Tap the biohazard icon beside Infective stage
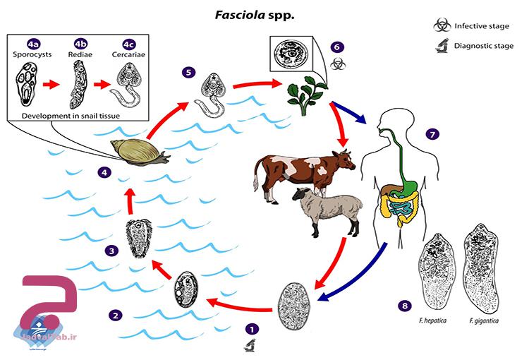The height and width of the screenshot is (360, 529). (x=441, y=26)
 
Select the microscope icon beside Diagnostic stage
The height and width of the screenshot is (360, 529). (x=441, y=48)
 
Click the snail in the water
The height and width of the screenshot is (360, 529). (x=139, y=150)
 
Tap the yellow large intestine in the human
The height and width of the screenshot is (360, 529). (x=387, y=206)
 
